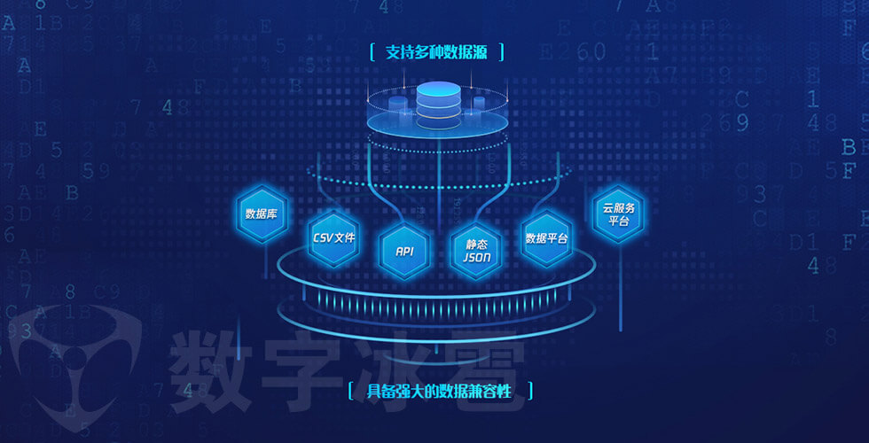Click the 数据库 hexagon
(x=262, y=214)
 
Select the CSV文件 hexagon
(x=334, y=237)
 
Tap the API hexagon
(x=404, y=251)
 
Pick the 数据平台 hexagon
(x=546, y=237)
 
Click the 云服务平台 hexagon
(x=619, y=214)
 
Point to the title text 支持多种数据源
(x=436, y=52)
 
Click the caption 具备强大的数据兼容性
(x=440, y=391)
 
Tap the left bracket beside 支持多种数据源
(x=372, y=52)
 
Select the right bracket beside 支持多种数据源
(x=501, y=52)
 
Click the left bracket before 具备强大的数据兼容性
(x=351, y=391)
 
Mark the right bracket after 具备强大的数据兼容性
(x=530, y=391)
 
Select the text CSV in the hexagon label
(x=323, y=237)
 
